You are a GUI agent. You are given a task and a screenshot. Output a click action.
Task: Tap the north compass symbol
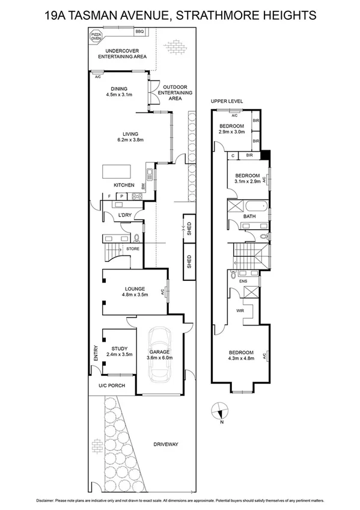221,412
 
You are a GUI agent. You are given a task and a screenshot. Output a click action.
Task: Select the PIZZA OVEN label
96,37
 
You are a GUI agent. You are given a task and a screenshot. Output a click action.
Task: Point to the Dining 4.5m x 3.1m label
119,92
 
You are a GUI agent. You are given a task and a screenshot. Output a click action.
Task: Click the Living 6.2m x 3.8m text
131,137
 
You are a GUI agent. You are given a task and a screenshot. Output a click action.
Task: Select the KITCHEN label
123,185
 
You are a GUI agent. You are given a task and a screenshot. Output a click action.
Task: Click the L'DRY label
124,215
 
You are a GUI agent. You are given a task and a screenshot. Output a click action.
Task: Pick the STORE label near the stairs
132,248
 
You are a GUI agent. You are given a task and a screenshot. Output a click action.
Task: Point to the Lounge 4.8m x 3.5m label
135,292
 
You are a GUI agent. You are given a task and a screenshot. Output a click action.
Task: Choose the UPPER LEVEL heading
227,101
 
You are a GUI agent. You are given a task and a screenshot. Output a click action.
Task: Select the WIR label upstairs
240,310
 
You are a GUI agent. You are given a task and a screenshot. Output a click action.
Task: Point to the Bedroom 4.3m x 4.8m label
240,355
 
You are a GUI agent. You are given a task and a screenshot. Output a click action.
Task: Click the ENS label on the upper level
243,280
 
